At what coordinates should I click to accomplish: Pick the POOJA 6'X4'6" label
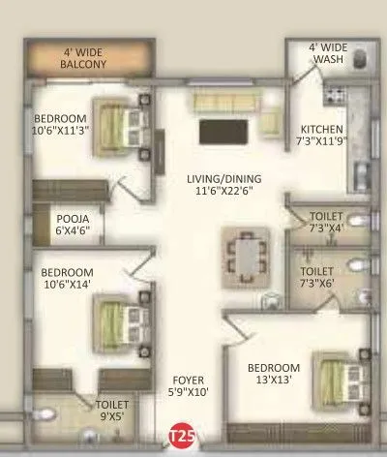pyautogui.click(x=71, y=226)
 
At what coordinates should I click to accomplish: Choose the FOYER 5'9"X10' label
pyautogui.click(x=189, y=385)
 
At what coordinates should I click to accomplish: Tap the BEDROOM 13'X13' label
pyautogui.click(x=272, y=375)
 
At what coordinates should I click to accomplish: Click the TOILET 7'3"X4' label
pyautogui.click(x=324, y=223)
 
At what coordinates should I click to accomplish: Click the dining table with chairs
pyautogui.click(x=247, y=255)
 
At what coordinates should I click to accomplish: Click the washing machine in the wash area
pyautogui.click(x=360, y=61)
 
